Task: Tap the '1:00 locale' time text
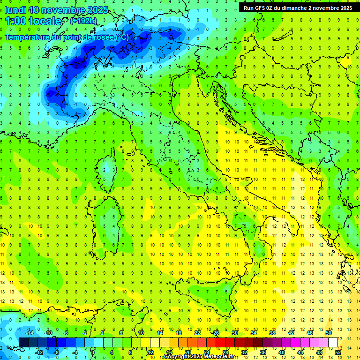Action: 33,21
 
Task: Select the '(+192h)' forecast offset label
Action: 83,21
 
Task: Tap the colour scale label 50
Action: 329,333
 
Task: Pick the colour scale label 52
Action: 338,352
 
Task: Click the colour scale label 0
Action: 93,352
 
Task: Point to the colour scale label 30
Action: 235,333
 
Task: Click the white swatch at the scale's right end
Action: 333,342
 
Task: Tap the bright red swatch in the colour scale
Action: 221,342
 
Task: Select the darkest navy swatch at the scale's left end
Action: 23,342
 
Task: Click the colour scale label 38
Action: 272,333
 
